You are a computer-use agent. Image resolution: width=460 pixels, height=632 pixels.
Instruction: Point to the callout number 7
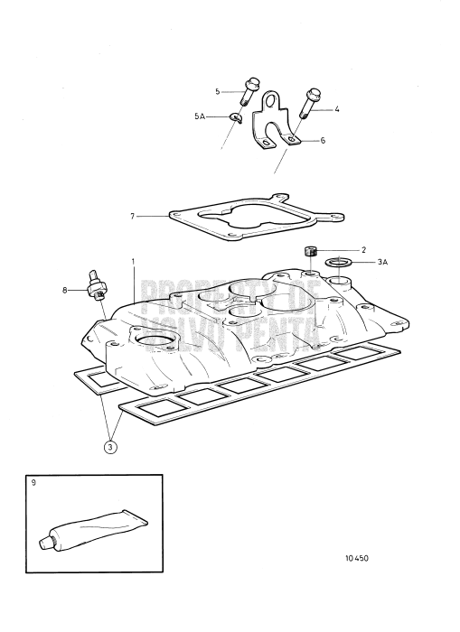click(133, 217)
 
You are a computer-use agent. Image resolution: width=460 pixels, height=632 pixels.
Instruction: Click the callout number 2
click(339, 248)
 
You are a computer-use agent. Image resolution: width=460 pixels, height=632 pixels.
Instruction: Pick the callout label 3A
click(357, 262)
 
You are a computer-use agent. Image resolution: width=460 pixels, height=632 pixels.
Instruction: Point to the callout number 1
click(133, 262)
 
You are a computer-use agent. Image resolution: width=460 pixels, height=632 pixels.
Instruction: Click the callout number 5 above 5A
click(218, 91)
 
